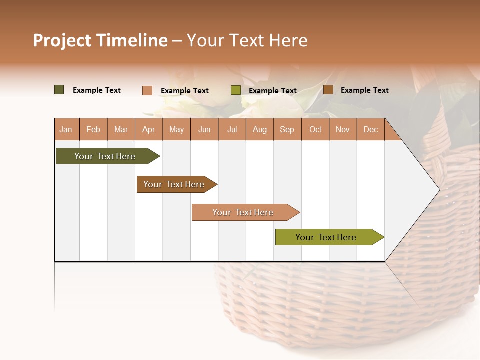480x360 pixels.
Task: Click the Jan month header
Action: [66, 130]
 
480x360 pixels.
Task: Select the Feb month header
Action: [93, 130]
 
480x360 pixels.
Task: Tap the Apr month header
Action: [149, 130]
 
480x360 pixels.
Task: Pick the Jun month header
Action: [204, 130]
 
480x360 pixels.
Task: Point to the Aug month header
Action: [260, 130]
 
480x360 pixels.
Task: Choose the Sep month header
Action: [287, 130]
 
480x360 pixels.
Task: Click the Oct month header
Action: [315, 130]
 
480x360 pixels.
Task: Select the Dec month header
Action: [371, 130]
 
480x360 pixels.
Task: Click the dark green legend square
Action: [59, 90]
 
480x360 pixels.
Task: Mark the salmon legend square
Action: [147, 90]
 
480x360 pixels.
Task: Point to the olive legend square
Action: [236, 90]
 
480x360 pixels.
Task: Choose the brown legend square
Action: [328, 90]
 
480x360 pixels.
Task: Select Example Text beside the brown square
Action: [364, 90]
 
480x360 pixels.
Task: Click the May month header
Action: [176, 130]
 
